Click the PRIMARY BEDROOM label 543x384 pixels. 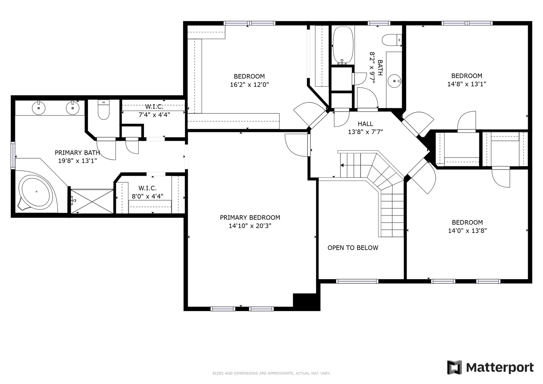pyautogui.click(x=250, y=218)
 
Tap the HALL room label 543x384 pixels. pyautogui.click(x=365, y=124)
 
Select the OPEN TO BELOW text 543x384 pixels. pyautogui.click(x=353, y=248)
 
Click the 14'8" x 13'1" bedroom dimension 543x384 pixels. pyautogui.click(x=467, y=84)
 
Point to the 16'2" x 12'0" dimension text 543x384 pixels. pyautogui.click(x=249, y=85)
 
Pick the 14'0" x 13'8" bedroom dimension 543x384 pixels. pyautogui.click(x=467, y=230)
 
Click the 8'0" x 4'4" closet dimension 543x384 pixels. pyautogui.click(x=147, y=196)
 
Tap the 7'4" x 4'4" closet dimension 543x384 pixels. pyautogui.click(x=154, y=114)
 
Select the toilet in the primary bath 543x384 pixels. pyautogui.click(x=103, y=110)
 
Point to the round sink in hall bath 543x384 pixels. pyautogui.click(x=394, y=81)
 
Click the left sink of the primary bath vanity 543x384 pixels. pyautogui.click(x=38, y=108)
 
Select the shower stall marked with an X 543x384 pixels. pyautogui.click(x=92, y=201)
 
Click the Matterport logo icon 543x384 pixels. pyautogui.click(x=454, y=367)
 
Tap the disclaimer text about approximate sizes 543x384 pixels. pyautogui.click(x=271, y=373)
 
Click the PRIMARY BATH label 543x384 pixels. pyautogui.click(x=77, y=153)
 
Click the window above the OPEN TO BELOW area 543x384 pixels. pyautogui.click(x=357, y=281)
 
